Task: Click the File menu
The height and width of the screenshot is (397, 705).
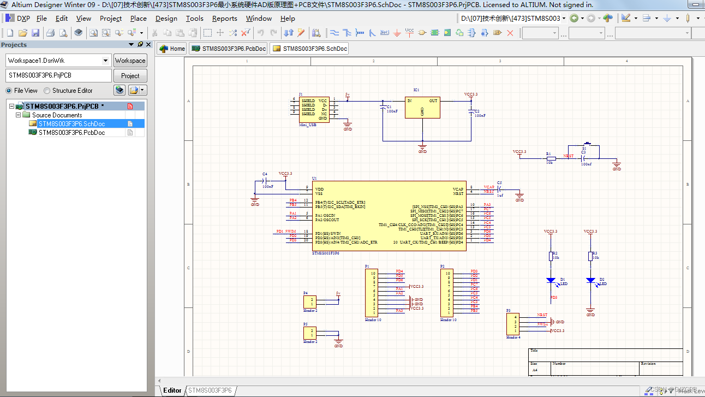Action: (x=41, y=18)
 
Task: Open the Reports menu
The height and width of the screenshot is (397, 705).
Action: (x=224, y=18)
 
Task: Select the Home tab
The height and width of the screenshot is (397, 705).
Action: (x=172, y=49)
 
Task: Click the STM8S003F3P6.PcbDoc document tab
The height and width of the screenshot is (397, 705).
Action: (x=229, y=49)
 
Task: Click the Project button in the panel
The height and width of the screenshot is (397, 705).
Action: (x=130, y=75)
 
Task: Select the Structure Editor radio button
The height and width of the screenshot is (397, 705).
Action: (x=47, y=91)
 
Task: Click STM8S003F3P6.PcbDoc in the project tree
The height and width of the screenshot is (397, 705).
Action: (x=71, y=133)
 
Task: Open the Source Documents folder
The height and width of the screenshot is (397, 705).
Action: (x=57, y=115)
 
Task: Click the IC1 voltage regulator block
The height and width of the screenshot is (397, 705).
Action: (x=422, y=108)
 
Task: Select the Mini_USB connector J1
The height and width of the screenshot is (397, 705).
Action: (x=314, y=110)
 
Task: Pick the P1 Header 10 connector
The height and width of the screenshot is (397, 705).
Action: (x=371, y=293)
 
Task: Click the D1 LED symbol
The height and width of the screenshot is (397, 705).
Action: (x=551, y=281)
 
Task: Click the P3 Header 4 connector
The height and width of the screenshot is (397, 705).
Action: (x=512, y=324)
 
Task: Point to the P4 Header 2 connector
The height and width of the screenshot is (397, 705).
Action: (x=309, y=301)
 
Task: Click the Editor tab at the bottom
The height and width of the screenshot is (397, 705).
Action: (x=172, y=390)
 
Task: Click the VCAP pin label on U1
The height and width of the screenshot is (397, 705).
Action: (x=458, y=189)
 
